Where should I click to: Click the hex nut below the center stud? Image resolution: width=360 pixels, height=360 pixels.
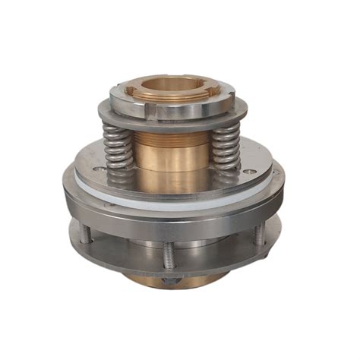point(166,280)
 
